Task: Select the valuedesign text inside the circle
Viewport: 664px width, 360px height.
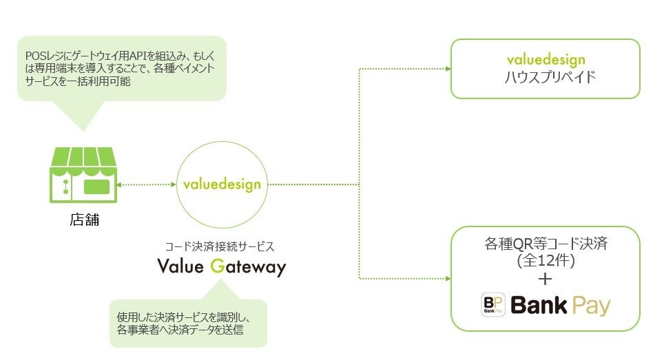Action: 222,184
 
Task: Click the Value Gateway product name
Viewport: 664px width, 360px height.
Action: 220,267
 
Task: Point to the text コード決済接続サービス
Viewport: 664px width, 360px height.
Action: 220,245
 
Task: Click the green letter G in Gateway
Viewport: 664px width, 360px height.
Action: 217,267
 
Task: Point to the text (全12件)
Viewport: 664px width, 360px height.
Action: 546,262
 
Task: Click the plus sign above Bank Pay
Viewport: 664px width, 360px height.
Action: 546,279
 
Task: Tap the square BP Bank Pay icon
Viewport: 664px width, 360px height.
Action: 493,304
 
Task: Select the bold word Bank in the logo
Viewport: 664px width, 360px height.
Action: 539,304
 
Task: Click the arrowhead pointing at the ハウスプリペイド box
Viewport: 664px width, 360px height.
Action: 447,69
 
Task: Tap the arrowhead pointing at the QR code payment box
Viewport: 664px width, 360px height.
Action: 447,278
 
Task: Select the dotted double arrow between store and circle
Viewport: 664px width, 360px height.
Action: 146,184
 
